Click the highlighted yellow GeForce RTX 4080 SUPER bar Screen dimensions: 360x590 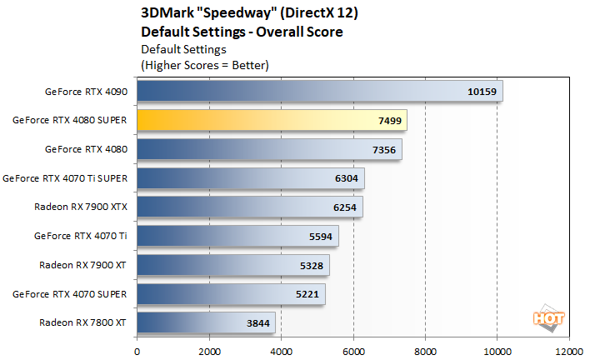[272, 120]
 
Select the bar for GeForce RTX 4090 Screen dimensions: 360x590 [320, 91]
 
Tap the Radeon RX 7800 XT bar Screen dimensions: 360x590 [206, 322]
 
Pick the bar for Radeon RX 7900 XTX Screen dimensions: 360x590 [250, 207]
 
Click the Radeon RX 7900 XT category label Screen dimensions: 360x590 [82, 265]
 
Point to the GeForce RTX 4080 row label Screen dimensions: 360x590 [87, 148]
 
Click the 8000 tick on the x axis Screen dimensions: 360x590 [425, 350]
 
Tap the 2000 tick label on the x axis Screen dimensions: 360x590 [208, 350]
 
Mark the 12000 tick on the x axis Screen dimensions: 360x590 [568, 350]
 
